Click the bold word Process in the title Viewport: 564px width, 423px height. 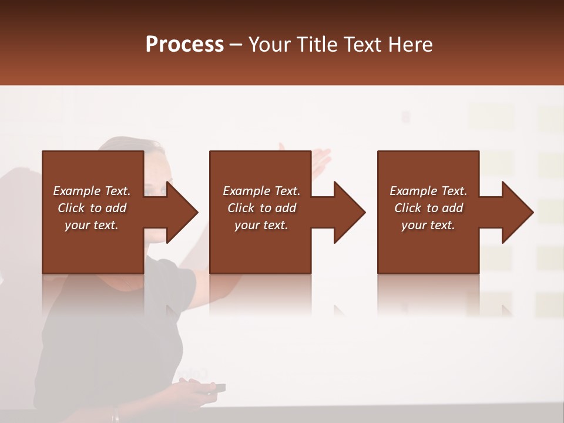click(184, 45)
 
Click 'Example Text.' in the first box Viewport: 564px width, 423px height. click(92, 191)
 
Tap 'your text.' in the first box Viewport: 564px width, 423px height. click(92, 225)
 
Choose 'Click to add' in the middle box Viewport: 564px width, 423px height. click(261, 208)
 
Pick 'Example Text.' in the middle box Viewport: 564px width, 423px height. click(261, 191)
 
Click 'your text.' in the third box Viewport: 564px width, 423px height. click(428, 225)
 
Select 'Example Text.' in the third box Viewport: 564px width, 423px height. click(428, 191)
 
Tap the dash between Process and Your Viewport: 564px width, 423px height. click(236, 46)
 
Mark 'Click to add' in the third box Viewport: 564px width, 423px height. click(428, 208)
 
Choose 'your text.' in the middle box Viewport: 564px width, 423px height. click(261, 225)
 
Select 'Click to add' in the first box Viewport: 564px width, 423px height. click(92, 208)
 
